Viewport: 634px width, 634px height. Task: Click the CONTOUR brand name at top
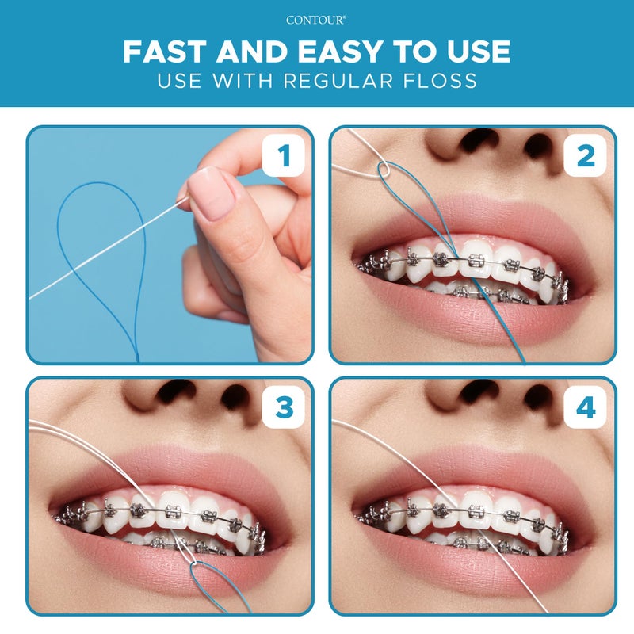(316, 22)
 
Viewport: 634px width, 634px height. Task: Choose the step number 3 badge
(282, 407)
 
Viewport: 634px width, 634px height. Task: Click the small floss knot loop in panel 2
(384, 169)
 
